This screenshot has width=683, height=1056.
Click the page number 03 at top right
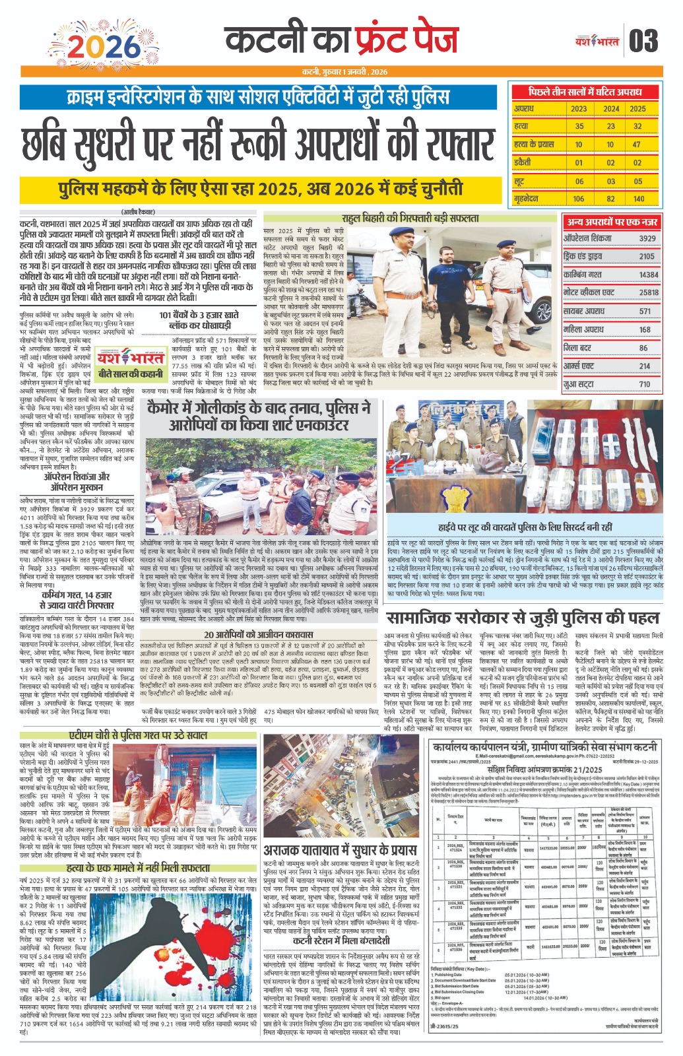tap(643, 41)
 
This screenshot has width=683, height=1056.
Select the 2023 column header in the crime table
tap(579, 108)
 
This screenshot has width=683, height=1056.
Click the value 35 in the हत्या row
tap(579, 126)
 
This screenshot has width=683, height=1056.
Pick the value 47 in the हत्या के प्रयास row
tap(637, 144)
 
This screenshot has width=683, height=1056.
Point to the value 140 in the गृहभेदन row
tap(637, 198)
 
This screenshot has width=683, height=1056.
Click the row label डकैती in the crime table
tap(523, 162)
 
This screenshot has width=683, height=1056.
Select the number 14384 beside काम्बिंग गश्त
tap(648, 275)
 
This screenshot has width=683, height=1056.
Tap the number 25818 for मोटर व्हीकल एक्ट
tap(648, 292)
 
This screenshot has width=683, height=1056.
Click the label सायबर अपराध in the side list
tap(585, 311)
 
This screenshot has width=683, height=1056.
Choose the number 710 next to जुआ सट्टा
tap(644, 384)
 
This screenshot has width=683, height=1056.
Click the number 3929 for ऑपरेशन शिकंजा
tap(647, 238)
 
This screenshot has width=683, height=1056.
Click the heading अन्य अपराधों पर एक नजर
tap(612, 222)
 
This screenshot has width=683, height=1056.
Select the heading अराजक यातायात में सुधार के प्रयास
tap(340, 849)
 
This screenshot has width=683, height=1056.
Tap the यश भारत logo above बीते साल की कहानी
tap(130, 358)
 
